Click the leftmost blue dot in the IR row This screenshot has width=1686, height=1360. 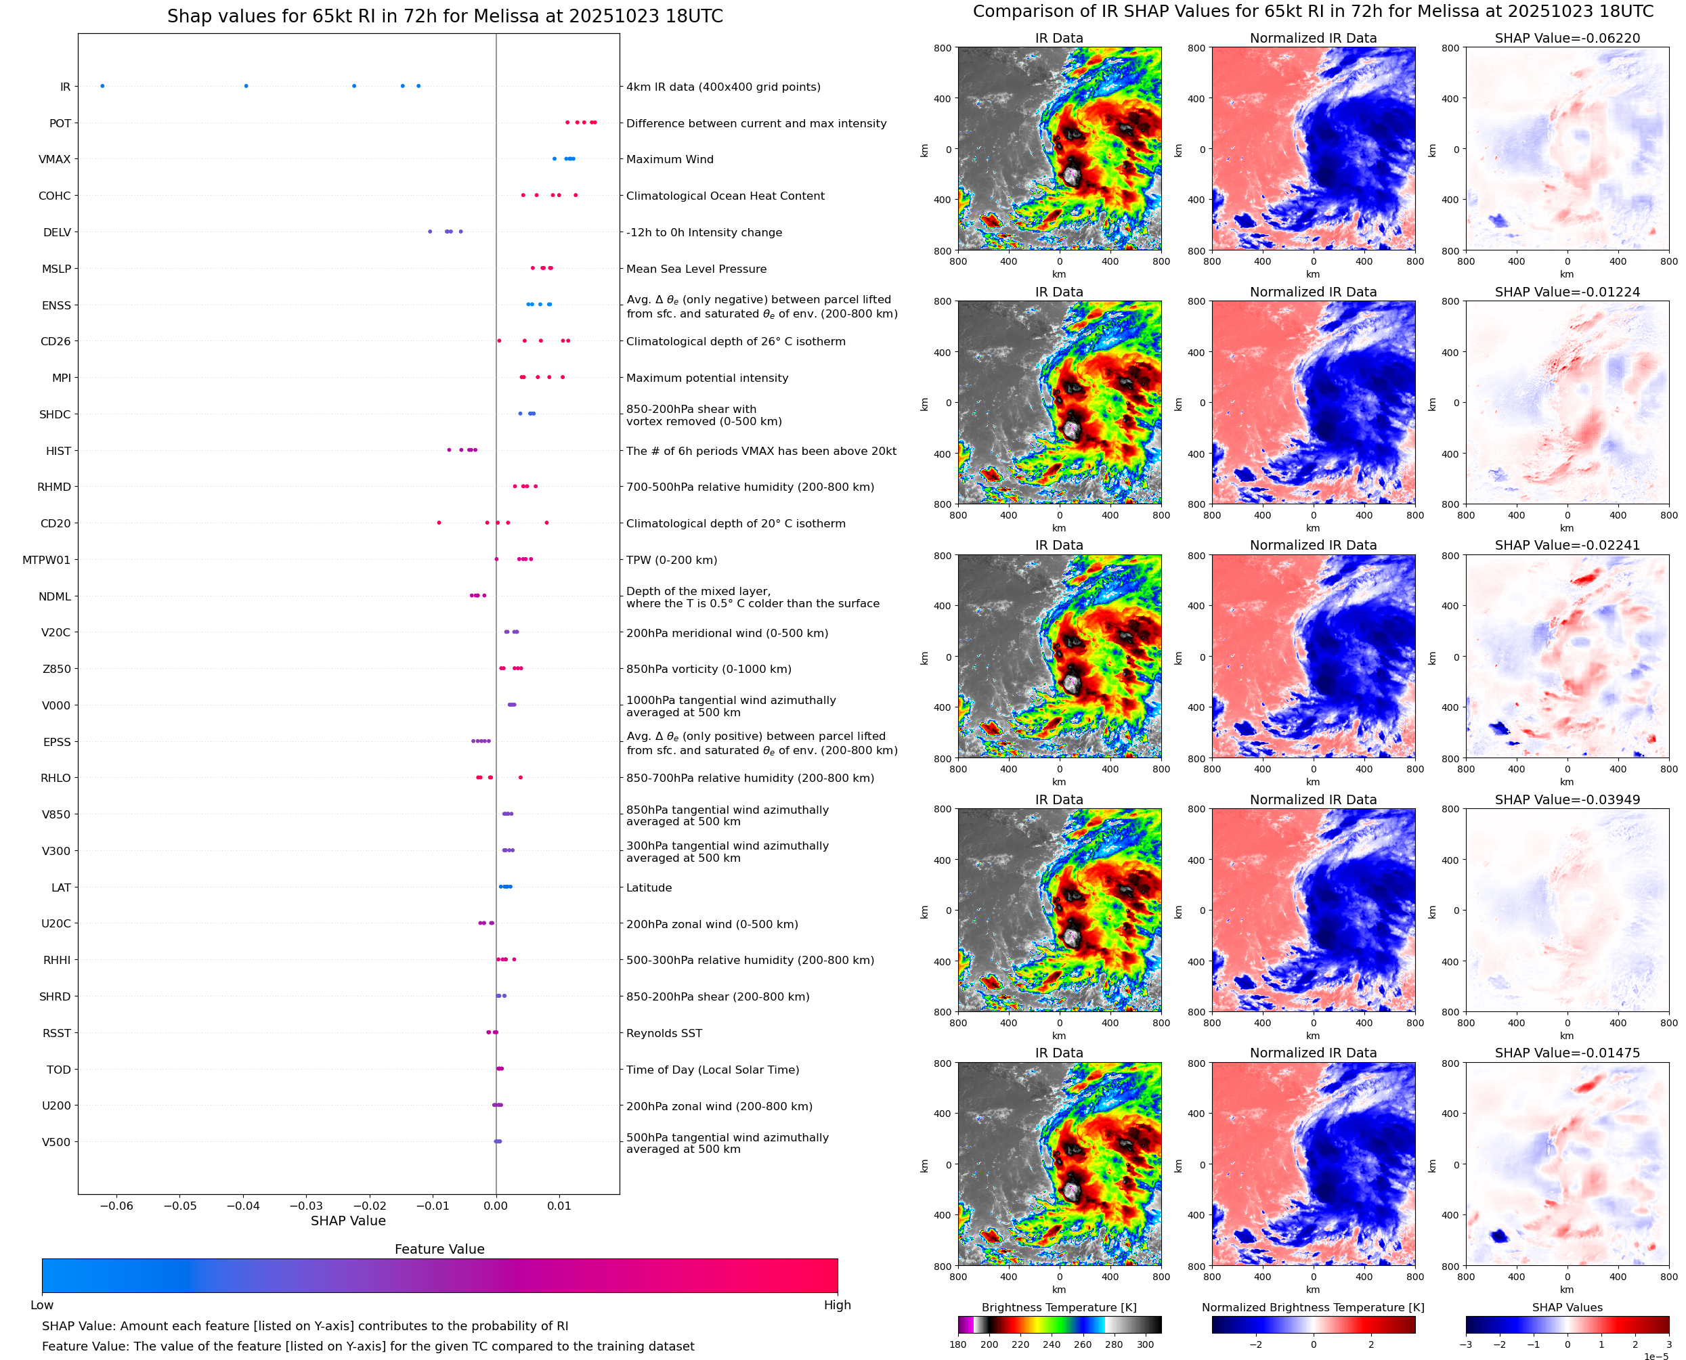tap(103, 86)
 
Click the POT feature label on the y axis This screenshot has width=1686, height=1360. tap(60, 124)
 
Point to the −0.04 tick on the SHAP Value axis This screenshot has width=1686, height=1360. tap(244, 1206)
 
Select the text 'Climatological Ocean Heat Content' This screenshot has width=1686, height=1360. tap(725, 196)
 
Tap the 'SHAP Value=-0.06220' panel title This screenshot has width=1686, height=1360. tap(1567, 39)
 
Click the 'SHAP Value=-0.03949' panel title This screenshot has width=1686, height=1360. tap(1567, 800)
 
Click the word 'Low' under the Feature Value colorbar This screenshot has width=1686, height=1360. tap(42, 1305)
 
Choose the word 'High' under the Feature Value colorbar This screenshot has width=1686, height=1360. tap(837, 1305)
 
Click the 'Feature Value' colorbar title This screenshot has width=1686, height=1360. tap(439, 1250)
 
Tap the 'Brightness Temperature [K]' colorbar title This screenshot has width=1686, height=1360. tap(1058, 1307)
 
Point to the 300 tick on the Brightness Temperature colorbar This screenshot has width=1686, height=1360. tap(1146, 1344)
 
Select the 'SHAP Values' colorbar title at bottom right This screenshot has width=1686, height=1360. tap(1567, 1307)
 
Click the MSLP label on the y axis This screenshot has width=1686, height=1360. tap(56, 269)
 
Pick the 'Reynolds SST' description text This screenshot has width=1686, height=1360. tap(664, 1033)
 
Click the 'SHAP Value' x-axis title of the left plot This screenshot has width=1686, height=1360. tap(348, 1221)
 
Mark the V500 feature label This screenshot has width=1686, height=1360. tap(56, 1142)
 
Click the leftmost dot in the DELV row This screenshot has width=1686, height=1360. tap(430, 232)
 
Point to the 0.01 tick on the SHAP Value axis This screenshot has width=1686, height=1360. tap(559, 1206)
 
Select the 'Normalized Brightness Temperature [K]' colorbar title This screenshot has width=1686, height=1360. tap(1313, 1307)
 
